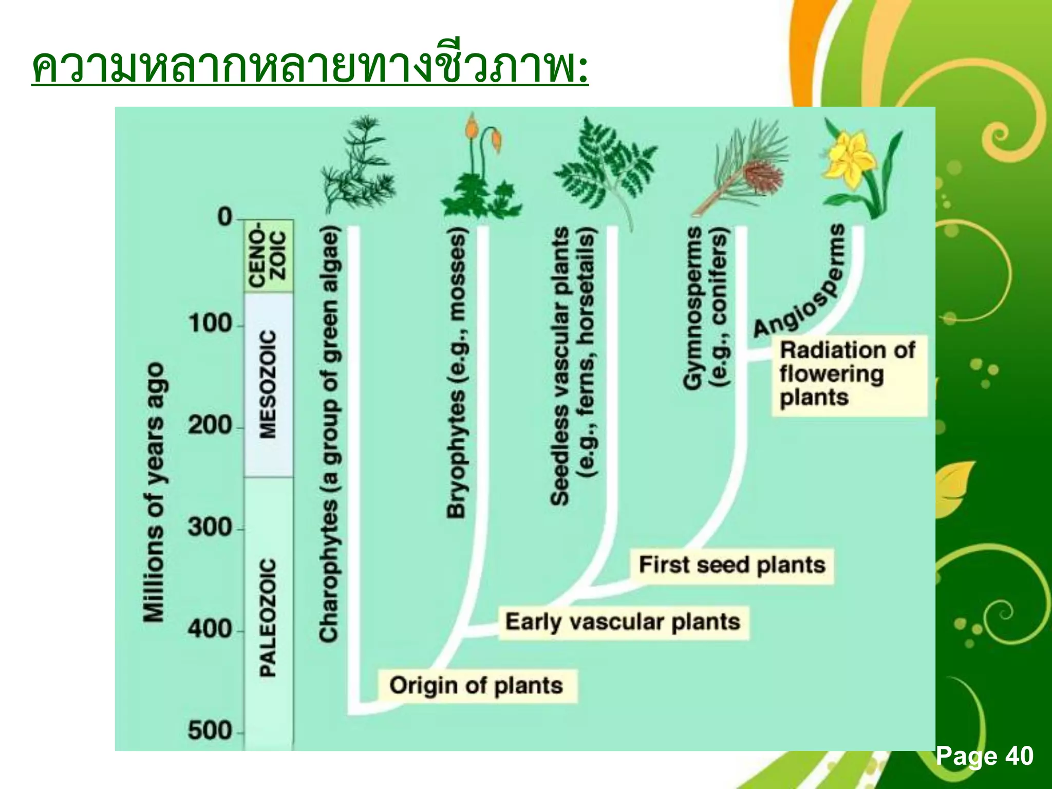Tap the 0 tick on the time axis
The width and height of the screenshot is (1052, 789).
coord(225,217)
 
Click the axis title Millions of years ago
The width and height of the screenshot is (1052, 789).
coord(154,492)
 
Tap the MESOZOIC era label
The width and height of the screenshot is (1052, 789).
coord(268,384)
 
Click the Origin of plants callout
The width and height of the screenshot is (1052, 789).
coord(476,686)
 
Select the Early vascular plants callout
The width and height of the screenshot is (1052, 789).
coord(623,622)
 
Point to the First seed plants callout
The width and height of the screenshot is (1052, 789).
coord(732,565)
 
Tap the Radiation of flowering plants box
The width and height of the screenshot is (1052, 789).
coord(849,374)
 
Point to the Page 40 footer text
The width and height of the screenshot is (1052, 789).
coord(984,756)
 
